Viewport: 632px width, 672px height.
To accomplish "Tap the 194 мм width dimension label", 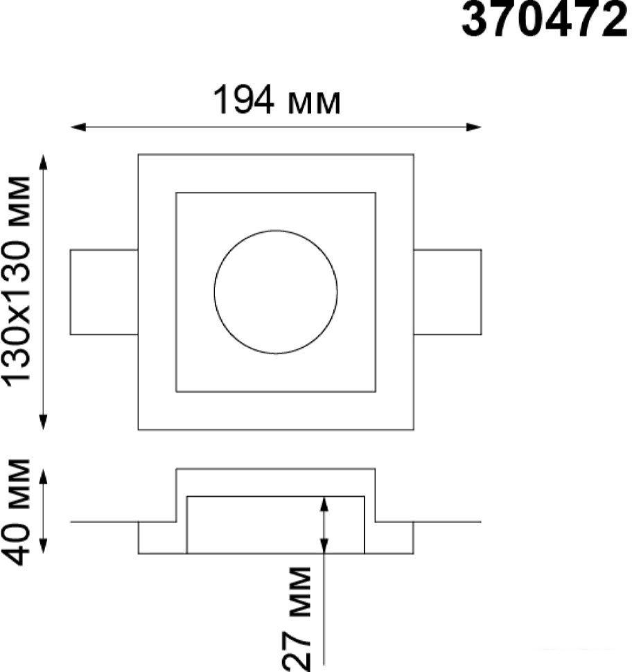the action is tap(276, 100).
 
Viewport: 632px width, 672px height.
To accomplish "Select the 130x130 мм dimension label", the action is tap(17, 279).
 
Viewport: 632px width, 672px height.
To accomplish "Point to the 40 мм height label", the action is tap(17, 512).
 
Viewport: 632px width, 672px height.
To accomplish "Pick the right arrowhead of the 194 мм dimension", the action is tap(473, 127).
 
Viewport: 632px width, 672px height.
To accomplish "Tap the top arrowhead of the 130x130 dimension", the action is tap(43, 162).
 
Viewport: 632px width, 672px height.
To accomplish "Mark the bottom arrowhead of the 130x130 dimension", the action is tap(43, 422).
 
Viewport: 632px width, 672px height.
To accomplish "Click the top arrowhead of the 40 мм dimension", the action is tap(43, 477).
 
